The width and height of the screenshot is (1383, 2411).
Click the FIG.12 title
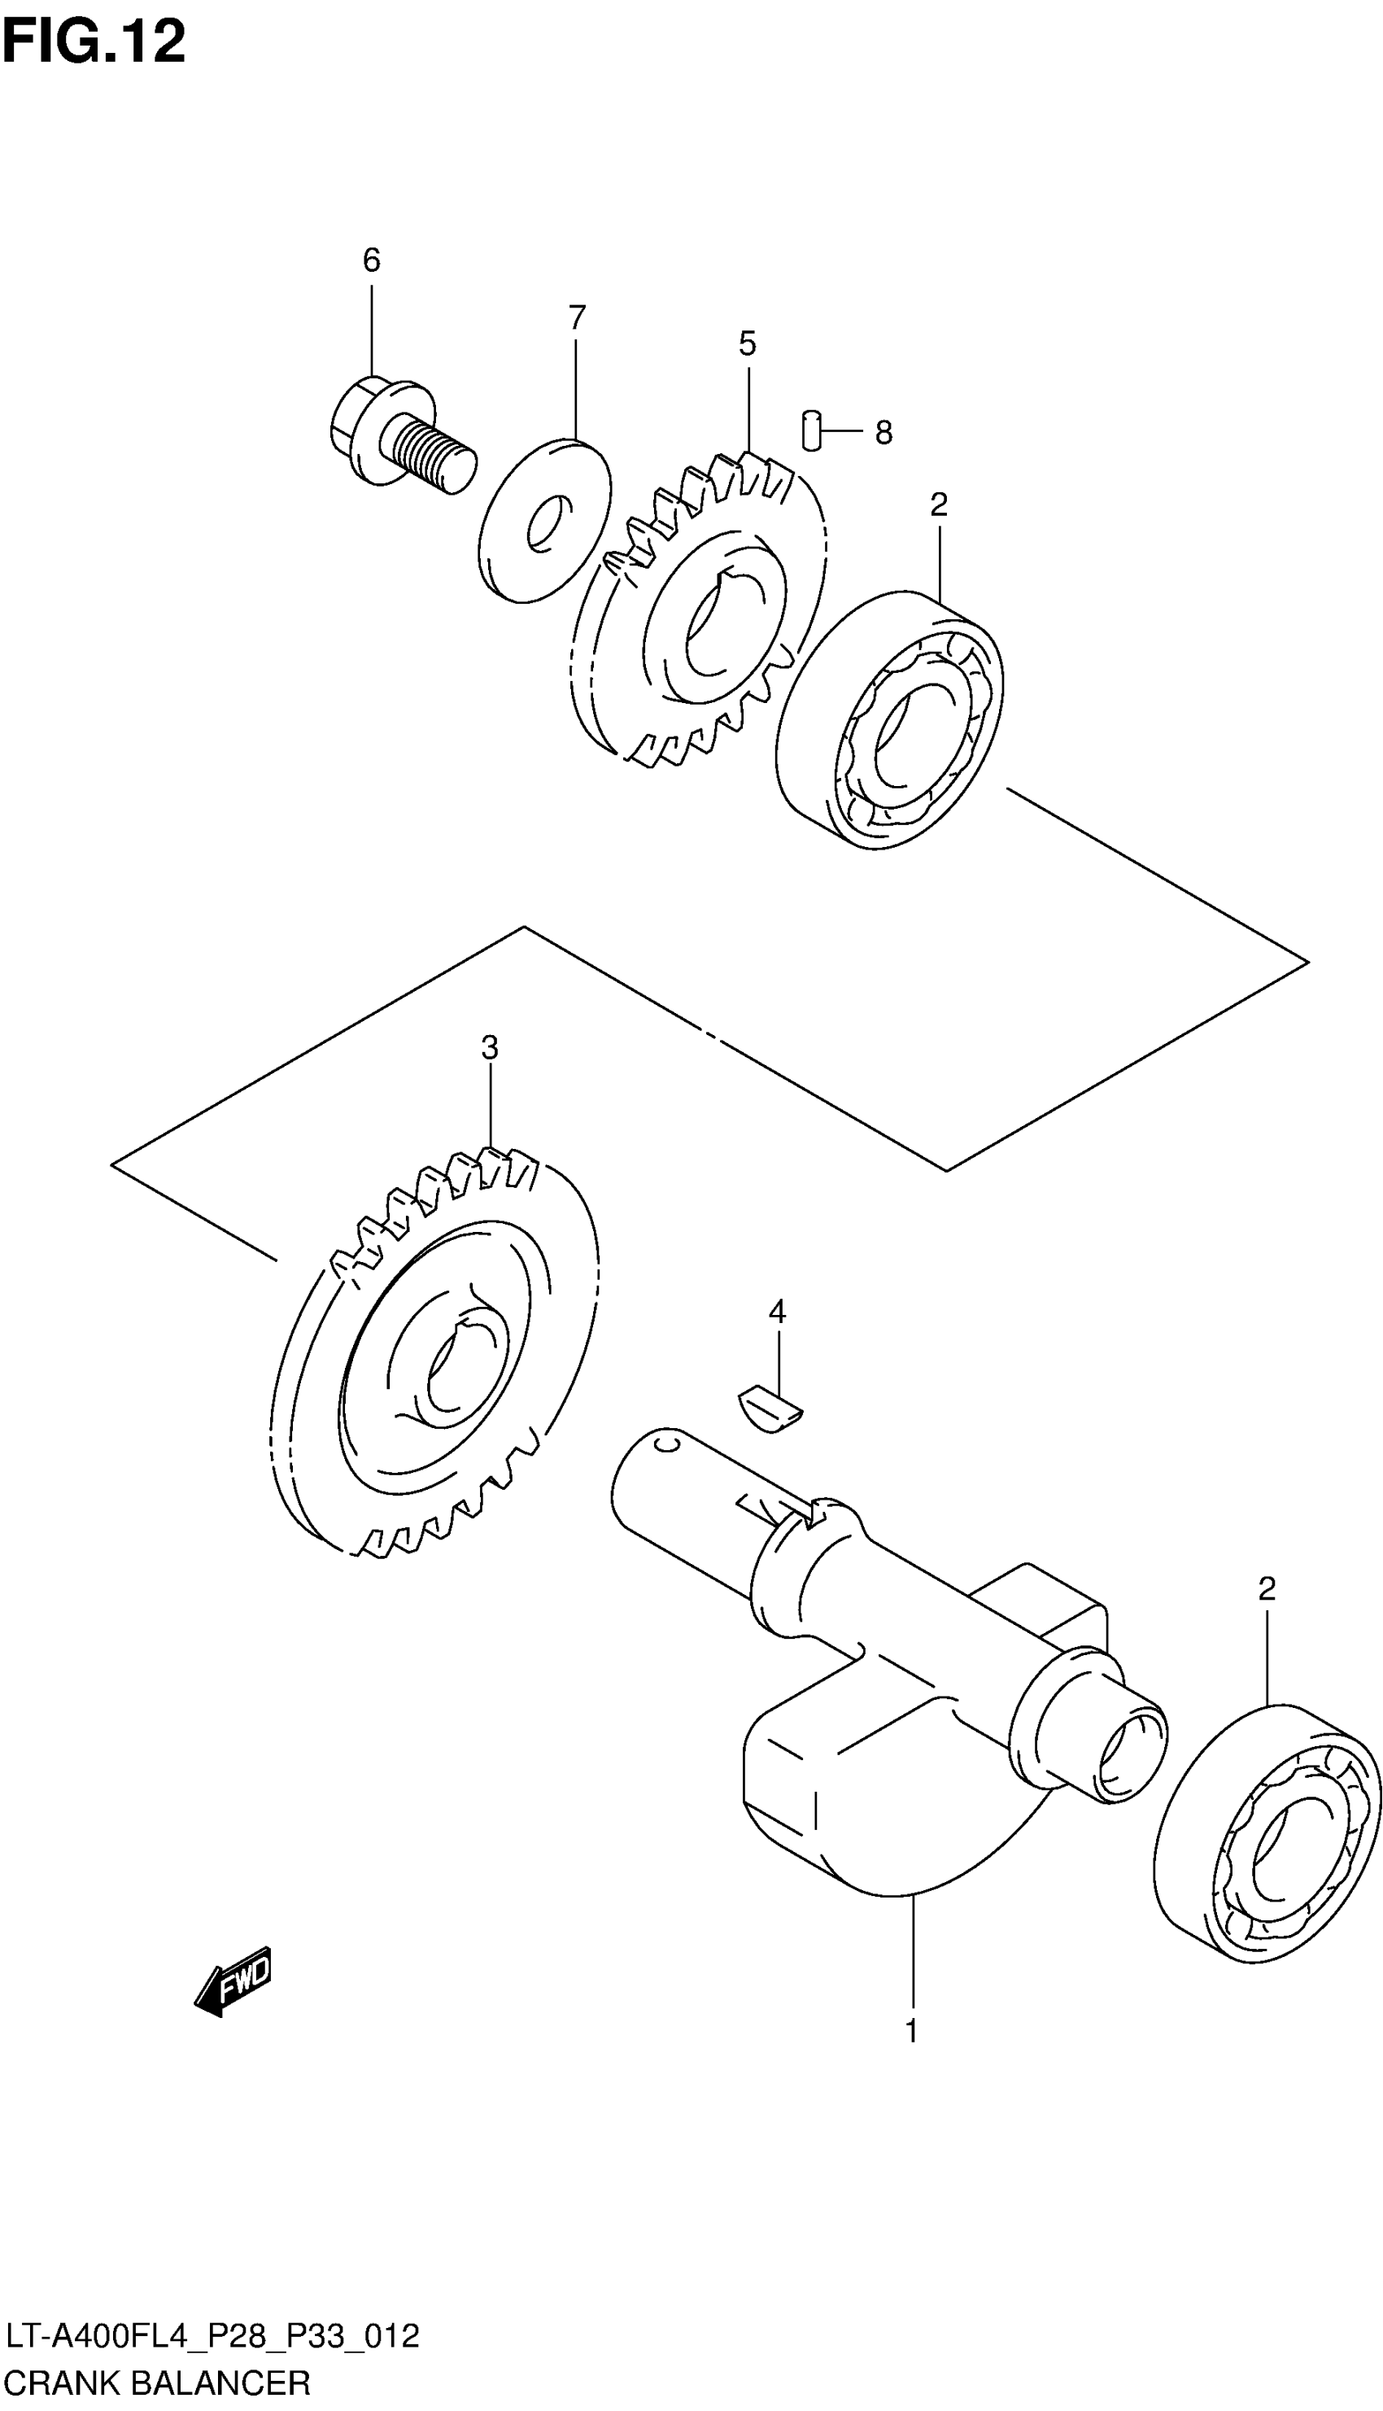coord(93,43)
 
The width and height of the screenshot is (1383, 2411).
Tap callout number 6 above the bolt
coord(372,260)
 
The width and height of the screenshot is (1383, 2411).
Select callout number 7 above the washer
coord(577,317)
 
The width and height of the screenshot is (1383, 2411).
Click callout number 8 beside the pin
coord(883,433)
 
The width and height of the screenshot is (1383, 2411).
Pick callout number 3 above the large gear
coord(489,1048)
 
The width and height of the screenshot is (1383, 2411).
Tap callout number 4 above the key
coord(777,1312)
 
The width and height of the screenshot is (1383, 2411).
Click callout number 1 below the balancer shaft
coord(912,2031)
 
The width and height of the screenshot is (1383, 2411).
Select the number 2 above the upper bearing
coord(939,504)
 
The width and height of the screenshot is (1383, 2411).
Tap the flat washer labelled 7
coord(543,520)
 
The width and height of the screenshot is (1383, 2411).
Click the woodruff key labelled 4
coord(771,1410)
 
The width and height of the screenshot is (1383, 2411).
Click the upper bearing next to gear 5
coord(890,719)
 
